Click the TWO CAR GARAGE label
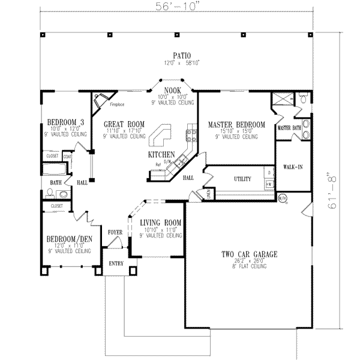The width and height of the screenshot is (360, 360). click(248, 254)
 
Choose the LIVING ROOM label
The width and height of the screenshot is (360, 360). click(161, 223)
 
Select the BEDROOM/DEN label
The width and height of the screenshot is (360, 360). click(69, 238)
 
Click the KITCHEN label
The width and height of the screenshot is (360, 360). click(162, 154)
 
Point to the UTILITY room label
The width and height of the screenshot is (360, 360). click(242, 178)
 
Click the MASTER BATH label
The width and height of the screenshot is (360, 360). click(289, 128)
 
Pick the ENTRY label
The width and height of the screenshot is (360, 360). click(116, 263)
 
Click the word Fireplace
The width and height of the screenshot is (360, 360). click(117, 104)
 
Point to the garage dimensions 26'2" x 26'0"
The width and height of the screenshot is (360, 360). click(248, 261)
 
